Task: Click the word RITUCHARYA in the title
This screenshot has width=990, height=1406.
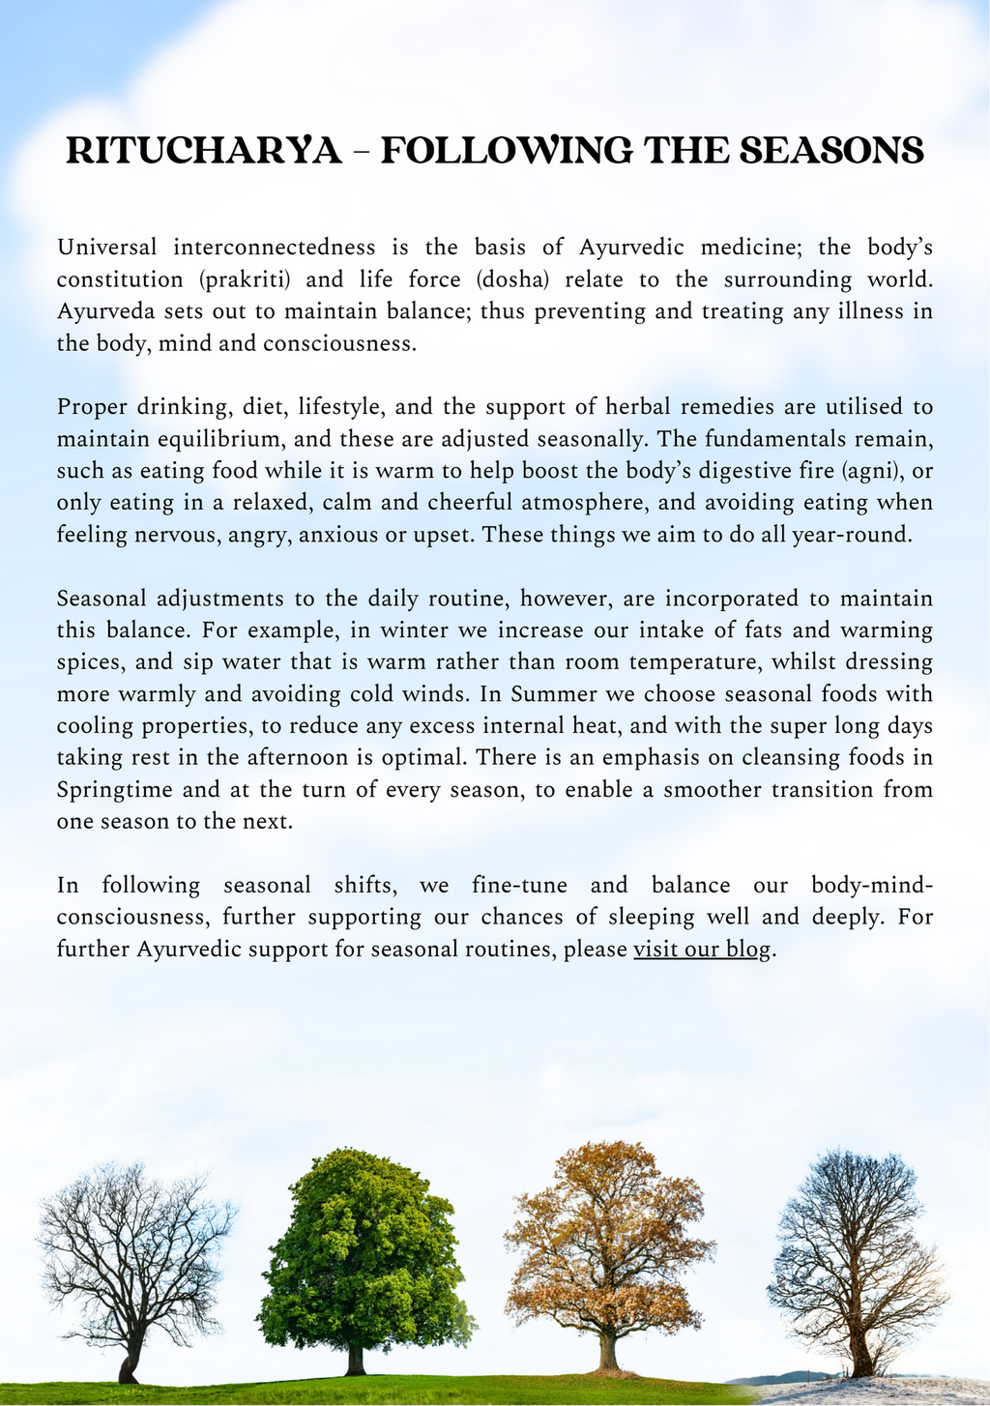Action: [204, 152]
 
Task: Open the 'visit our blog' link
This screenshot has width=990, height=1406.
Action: [702, 949]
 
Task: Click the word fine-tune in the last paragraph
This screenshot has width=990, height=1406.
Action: [522, 885]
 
